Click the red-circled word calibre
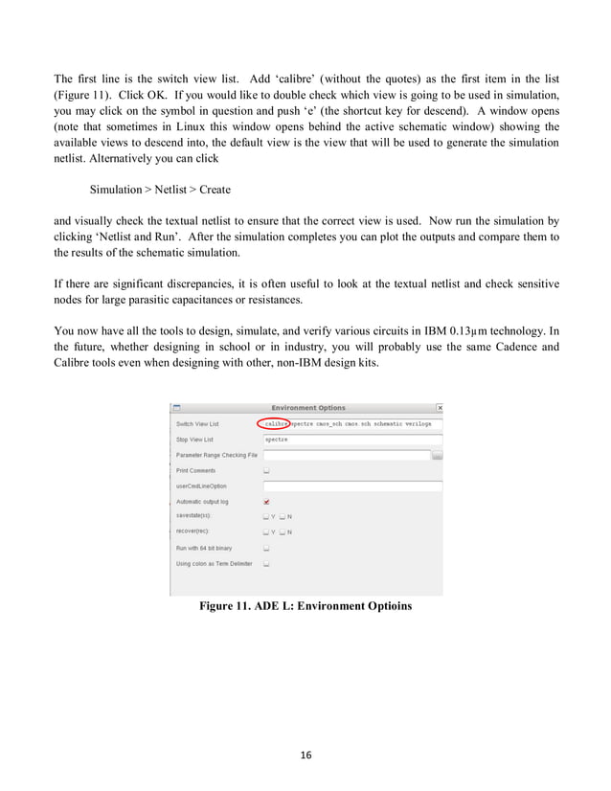[276, 423]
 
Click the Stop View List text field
[351, 440]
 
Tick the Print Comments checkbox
[266, 471]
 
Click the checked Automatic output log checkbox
[266, 502]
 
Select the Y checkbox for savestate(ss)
[266, 517]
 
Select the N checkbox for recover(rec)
[282, 532]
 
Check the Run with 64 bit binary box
[266, 549]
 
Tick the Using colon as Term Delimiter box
[266, 564]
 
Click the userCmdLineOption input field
[351, 486]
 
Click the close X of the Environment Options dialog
[439, 408]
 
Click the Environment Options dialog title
[308, 408]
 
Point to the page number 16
[305, 756]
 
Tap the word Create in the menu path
[215, 191]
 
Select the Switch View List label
[197, 424]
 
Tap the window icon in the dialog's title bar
[176, 408]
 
